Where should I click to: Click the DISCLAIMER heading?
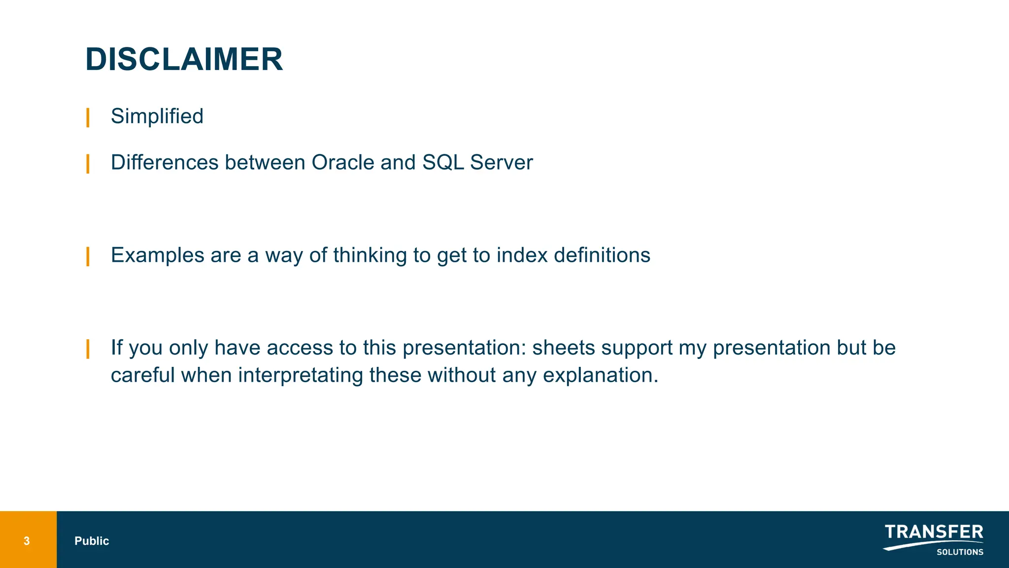[184, 60]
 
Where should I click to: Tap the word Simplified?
[157, 116]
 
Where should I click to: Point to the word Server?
[501, 163]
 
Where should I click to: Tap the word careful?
[143, 375]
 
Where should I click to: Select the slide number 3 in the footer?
[27, 541]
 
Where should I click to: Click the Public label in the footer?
[92, 541]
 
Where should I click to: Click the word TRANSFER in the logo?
[934, 532]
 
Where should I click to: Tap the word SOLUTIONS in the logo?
[959, 552]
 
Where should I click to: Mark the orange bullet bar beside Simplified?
[88, 117]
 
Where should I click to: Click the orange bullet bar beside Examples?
[88, 256]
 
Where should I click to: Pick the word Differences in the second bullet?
[165, 163]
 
